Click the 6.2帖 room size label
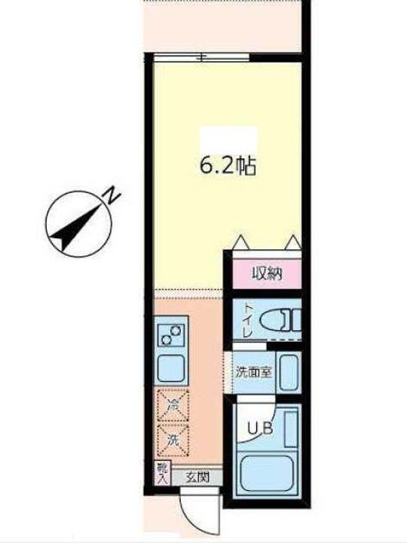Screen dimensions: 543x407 pyautogui.click(x=228, y=165)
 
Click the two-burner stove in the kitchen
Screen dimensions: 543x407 pyautogui.click(x=172, y=333)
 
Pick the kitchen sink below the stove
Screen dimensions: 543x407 pyautogui.click(x=172, y=367)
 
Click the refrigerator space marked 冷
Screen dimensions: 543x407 pyautogui.click(x=172, y=406)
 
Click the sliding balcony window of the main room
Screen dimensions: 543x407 pyautogui.click(x=202, y=57)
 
